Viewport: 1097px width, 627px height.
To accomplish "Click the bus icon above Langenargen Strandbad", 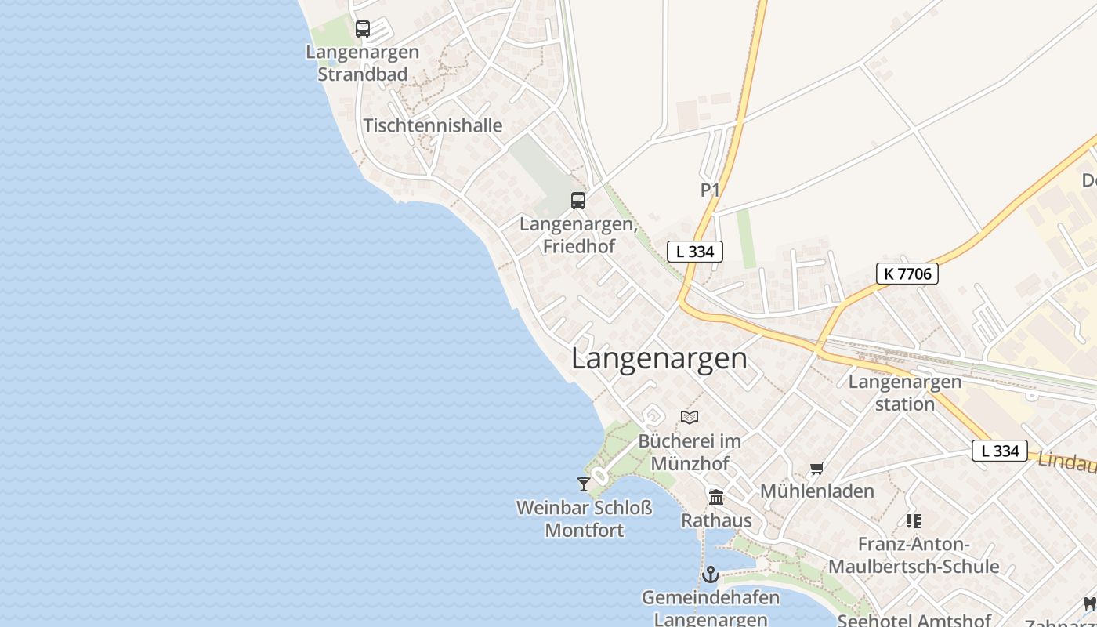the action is pyautogui.click(x=362, y=29).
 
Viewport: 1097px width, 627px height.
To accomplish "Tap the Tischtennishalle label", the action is pyautogui.click(x=433, y=125).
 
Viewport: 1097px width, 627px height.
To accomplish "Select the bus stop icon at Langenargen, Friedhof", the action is pyautogui.click(x=578, y=200).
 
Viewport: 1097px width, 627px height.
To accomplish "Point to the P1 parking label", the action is pyautogui.click(x=710, y=190).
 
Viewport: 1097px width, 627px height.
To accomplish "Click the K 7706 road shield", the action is pyautogui.click(x=907, y=274).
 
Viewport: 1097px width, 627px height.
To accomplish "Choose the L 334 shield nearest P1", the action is pyautogui.click(x=694, y=252).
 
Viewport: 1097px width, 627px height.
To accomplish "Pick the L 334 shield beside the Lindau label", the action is pyautogui.click(x=999, y=451).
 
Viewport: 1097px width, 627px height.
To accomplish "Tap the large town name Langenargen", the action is pyautogui.click(x=659, y=358).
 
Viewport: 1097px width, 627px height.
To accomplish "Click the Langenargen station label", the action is pyautogui.click(x=905, y=393).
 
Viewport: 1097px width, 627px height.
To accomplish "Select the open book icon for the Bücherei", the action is pyautogui.click(x=690, y=417).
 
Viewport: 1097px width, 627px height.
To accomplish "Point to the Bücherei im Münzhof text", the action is pyautogui.click(x=690, y=452).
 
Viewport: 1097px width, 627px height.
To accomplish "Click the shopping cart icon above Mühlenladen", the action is pyautogui.click(x=817, y=469).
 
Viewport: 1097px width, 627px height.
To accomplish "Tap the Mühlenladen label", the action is pyautogui.click(x=817, y=491).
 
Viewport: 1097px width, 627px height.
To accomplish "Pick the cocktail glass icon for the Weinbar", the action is pyautogui.click(x=584, y=484).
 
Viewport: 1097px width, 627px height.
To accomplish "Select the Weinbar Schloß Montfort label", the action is pyautogui.click(x=584, y=519).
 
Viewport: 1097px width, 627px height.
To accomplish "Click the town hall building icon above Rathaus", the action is pyautogui.click(x=715, y=497).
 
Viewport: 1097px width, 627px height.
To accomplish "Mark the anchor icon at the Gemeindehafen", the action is pyautogui.click(x=711, y=574).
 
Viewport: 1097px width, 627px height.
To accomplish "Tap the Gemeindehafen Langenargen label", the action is pyautogui.click(x=711, y=608).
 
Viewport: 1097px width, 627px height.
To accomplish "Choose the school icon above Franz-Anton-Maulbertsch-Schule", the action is pyautogui.click(x=913, y=520).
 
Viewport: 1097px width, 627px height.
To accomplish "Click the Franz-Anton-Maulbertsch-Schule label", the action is pyautogui.click(x=914, y=555).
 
